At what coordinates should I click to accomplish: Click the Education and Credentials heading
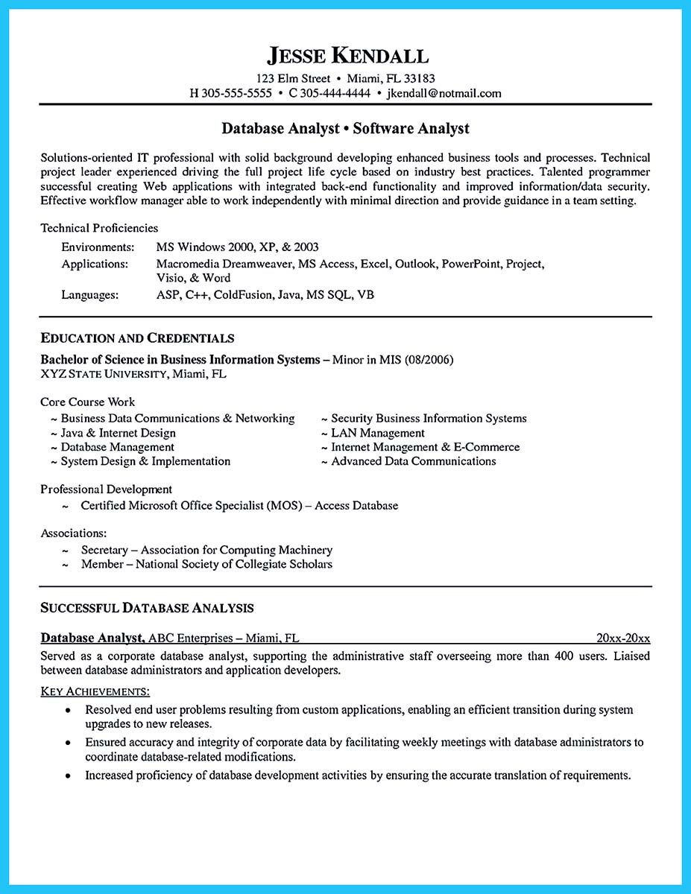click(137, 338)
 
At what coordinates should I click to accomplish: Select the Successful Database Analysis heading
click(147, 608)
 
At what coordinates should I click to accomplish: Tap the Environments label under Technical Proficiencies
click(98, 247)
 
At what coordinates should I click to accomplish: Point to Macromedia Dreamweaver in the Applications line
click(226, 264)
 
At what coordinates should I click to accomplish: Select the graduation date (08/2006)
click(428, 360)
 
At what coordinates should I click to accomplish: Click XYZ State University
click(104, 374)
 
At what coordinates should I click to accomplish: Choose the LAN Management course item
click(377, 433)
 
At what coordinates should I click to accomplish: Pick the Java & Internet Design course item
click(118, 433)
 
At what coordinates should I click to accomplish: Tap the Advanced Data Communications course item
click(413, 461)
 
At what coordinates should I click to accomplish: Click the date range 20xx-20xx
click(623, 638)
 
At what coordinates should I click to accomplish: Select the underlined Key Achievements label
click(94, 692)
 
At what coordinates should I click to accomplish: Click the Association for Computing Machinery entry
click(236, 550)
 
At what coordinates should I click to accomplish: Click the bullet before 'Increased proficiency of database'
click(69, 776)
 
